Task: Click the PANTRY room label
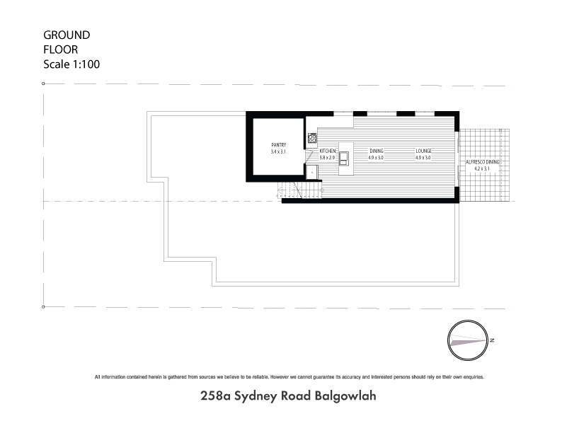pyautogui.click(x=278, y=145)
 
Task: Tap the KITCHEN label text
pyautogui.click(x=328, y=151)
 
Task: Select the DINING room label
pyautogui.click(x=376, y=151)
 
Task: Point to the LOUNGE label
pyautogui.click(x=423, y=151)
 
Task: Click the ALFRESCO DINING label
pyautogui.click(x=482, y=163)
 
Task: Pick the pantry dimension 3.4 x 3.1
pyautogui.click(x=278, y=152)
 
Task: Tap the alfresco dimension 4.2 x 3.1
pyautogui.click(x=482, y=169)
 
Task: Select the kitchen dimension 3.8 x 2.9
pyautogui.click(x=328, y=158)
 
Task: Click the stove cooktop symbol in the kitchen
pyautogui.click(x=311, y=138)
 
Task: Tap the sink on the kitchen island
pyautogui.click(x=345, y=157)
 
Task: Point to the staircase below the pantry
pyautogui.click(x=289, y=191)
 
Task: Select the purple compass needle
pyautogui.click(x=467, y=341)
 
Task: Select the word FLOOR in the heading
pyautogui.click(x=61, y=50)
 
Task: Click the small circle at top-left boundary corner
pyautogui.click(x=44, y=83)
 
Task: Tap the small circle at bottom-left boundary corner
pyautogui.click(x=44, y=306)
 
